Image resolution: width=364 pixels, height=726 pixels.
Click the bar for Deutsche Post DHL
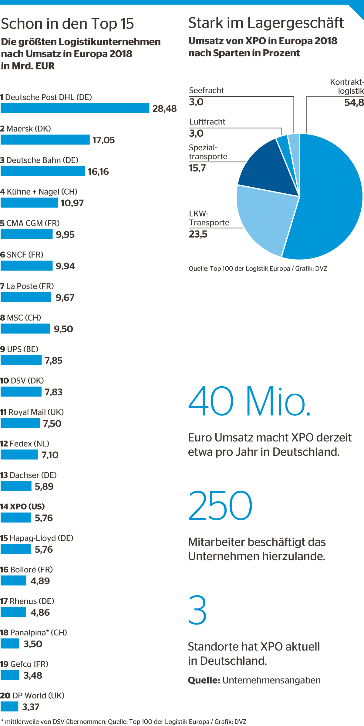click(75, 108)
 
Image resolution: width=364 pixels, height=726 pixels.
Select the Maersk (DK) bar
click(45, 140)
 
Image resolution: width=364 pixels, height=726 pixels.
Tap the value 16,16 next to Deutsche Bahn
click(98, 172)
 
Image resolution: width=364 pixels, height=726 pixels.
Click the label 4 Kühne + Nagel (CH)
click(39, 191)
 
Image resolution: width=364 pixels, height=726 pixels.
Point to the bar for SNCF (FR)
click(26, 266)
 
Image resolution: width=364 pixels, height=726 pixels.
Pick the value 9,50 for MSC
click(63, 329)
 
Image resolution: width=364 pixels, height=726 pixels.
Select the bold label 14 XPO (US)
click(22, 506)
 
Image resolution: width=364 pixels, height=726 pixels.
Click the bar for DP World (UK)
click(9, 707)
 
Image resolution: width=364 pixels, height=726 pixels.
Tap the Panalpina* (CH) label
click(34, 632)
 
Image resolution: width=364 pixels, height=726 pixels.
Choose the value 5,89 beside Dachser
click(44, 486)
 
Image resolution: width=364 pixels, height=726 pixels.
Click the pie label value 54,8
click(354, 103)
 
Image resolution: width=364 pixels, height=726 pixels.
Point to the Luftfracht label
click(207, 122)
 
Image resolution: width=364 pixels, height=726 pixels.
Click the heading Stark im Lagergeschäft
click(266, 23)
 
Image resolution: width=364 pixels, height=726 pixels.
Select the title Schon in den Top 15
click(67, 24)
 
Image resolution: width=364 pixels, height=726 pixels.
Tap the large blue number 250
click(220, 506)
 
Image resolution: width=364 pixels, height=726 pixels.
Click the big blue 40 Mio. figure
click(249, 401)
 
